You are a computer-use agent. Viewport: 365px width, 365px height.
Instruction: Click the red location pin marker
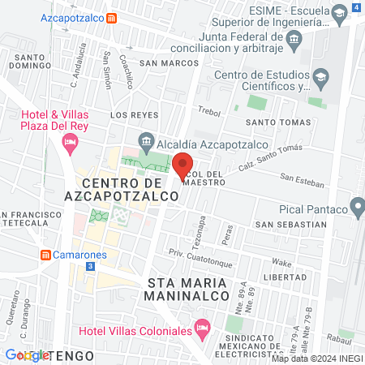tap(182, 165)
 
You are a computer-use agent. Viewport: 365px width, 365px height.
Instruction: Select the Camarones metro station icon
tap(45, 254)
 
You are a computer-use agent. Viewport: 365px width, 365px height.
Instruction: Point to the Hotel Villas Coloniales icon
tap(202, 330)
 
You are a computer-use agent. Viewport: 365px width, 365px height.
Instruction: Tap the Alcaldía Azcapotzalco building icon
tap(147, 137)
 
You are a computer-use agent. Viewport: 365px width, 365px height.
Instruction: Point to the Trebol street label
tap(209, 113)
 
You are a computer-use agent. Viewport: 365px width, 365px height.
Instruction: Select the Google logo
tap(27, 355)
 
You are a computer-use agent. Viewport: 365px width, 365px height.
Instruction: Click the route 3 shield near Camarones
tap(90, 266)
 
